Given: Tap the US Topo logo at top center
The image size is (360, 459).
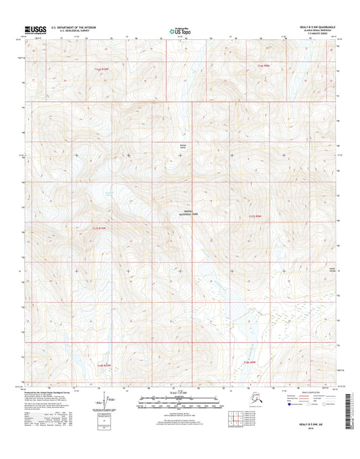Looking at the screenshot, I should [180, 30].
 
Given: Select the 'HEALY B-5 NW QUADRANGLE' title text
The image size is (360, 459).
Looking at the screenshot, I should [312, 26].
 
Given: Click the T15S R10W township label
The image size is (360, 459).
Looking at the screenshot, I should [101, 68].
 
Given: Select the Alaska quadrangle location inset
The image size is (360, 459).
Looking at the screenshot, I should [247, 400].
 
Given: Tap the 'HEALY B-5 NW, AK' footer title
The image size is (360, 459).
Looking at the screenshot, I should [311, 433].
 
